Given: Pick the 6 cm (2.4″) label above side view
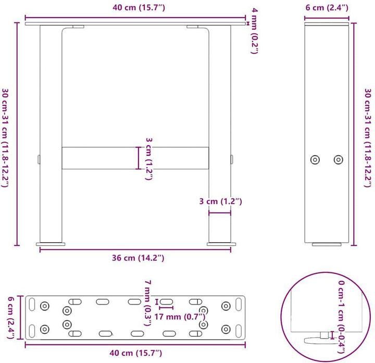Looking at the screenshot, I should point(326,8).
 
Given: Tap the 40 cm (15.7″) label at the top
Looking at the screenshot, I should point(135,8).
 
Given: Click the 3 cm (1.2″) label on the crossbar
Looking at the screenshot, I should point(148,158).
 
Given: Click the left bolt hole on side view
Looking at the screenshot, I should point(315,160).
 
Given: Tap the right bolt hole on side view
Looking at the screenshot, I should point(339,160).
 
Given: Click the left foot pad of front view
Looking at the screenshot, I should point(51,242).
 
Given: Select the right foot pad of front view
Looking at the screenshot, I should point(222,242).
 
